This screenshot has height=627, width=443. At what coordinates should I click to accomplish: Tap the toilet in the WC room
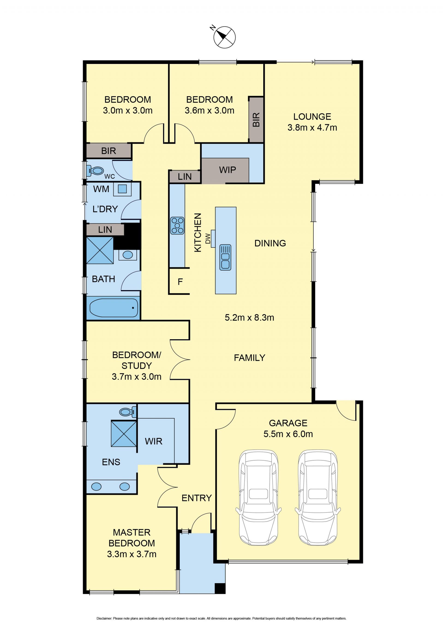pyautogui.click(x=95, y=171)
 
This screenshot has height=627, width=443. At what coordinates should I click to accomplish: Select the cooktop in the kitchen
pyautogui.click(x=177, y=225)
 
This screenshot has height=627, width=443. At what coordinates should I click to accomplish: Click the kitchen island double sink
pyautogui.click(x=225, y=258)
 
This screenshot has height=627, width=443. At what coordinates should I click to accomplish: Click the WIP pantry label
pyautogui.click(x=227, y=170)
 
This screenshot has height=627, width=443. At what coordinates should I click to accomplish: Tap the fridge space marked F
pyautogui.click(x=180, y=282)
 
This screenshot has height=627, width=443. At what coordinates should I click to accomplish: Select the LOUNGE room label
pyautogui.click(x=312, y=117)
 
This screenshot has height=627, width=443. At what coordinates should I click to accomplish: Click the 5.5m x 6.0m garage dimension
pyautogui.click(x=288, y=434)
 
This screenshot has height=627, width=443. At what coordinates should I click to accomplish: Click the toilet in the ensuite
pyautogui.click(x=128, y=411)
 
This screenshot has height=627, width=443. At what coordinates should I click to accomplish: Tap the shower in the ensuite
pyautogui.click(x=124, y=434)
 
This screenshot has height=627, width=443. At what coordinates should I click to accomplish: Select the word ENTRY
pyautogui.click(x=197, y=498)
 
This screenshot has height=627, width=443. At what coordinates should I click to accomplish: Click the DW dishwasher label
pyautogui.click(x=208, y=238)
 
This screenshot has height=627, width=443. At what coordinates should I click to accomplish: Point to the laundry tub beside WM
pyautogui.click(x=122, y=189)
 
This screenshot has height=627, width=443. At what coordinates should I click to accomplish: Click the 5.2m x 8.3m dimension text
pyautogui.click(x=249, y=318)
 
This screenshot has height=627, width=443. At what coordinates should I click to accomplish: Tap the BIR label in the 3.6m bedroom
pyautogui.click(x=256, y=120)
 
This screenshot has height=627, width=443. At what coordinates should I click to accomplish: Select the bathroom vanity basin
pyautogui.click(x=128, y=255)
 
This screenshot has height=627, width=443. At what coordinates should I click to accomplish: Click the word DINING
pyautogui.click(x=270, y=243)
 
